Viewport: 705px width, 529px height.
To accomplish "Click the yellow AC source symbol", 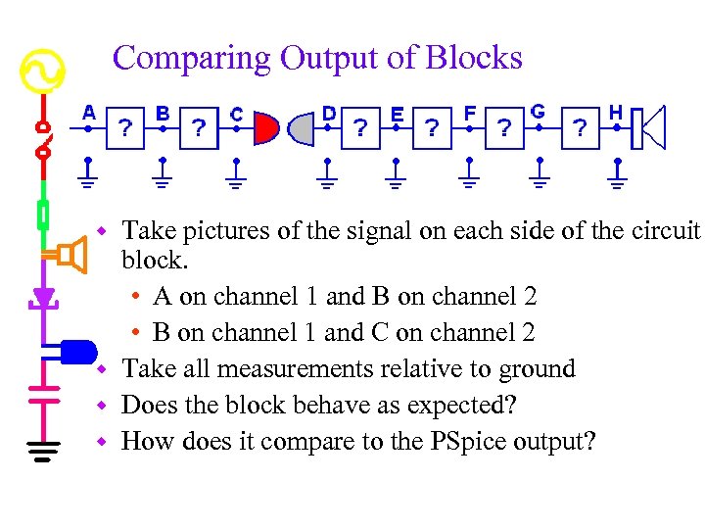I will pos(42,72).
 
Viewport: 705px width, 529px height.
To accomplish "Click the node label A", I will pos(89,113).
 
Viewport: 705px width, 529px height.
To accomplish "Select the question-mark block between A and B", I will pos(125,128).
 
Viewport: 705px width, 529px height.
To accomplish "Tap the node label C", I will pos(236,114).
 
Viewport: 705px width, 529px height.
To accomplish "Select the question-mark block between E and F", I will pos(432,128).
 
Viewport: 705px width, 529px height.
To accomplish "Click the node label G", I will pos(538,112).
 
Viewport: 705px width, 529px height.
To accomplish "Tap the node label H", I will pos(615,112).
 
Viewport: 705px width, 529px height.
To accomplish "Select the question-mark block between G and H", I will pos(581,128).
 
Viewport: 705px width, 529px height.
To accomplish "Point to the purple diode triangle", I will pos(42,296).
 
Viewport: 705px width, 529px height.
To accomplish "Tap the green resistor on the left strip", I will pos(42,215).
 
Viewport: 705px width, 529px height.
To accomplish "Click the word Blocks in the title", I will pos(474,58).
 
